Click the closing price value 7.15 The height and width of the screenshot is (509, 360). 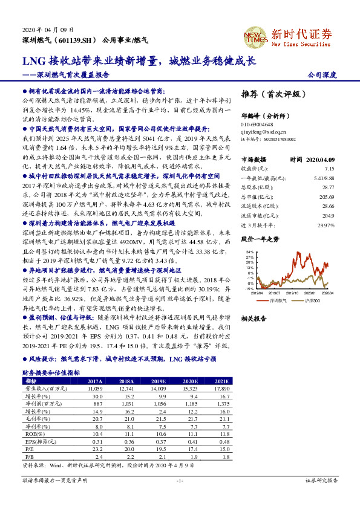pos(330,169)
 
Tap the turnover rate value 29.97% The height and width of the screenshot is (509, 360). pos(326,225)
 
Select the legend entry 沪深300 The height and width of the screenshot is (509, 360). pos(313,299)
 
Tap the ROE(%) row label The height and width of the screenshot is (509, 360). pos(31,434)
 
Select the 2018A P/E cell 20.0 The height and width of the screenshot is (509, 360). pos(128,450)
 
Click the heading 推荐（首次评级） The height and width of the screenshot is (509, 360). pos(269,95)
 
